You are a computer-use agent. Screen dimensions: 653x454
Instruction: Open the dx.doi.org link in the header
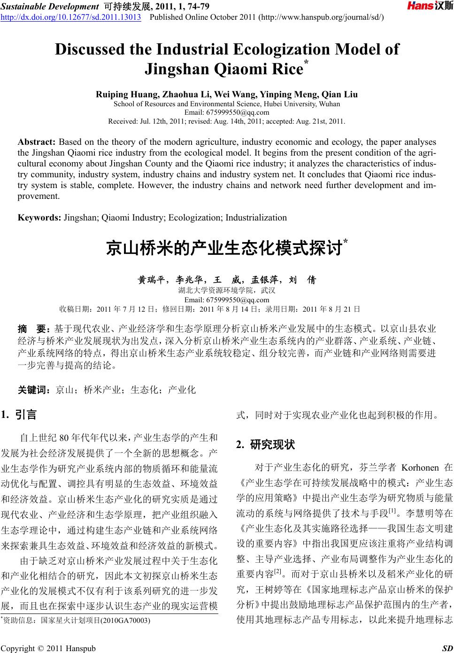[x=71, y=17]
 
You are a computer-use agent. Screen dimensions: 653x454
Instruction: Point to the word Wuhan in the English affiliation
[x=330, y=104]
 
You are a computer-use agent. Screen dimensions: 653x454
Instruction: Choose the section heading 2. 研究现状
[x=265, y=444]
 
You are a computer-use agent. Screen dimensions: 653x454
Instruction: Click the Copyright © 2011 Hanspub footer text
[x=48, y=649]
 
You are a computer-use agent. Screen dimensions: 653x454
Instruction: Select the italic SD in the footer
[x=447, y=649]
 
